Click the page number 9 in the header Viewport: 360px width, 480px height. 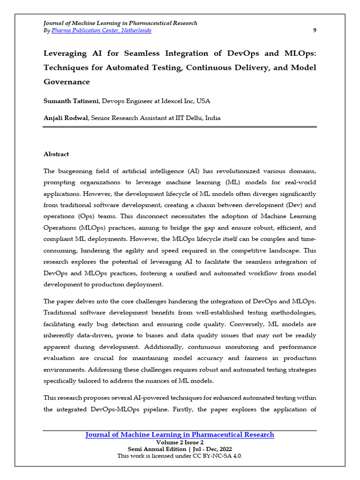pyautogui.click(x=315, y=30)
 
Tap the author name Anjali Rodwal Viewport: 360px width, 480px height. pyautogui.click(x=65, y=118)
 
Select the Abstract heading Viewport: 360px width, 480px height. pyautogui.click(x=56, y=154)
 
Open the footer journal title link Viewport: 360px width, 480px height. pyautogui.click(x=180, y=435)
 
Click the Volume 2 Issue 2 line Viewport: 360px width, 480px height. pyautogui.click(x=180, y=442)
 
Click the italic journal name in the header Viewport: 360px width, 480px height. pyautogui.click(x=120, y=23)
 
